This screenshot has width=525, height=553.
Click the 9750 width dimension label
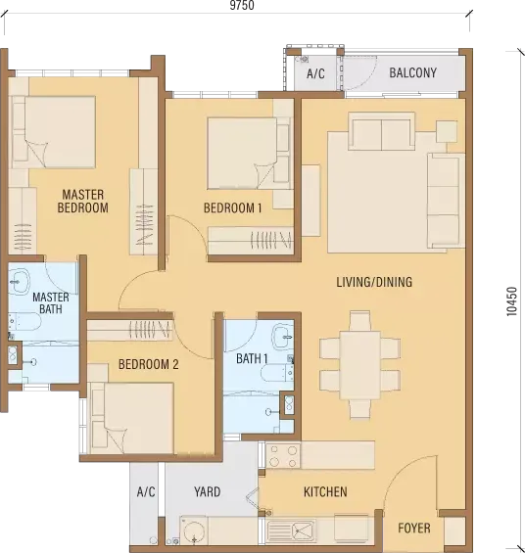(x=242, y=5)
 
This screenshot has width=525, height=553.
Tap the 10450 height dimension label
(x=511, y=301)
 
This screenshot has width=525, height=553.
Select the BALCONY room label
(x=412, y=72)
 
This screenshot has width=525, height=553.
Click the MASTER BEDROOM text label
(x=83, y=201)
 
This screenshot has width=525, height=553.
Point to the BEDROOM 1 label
(x=232, y=208)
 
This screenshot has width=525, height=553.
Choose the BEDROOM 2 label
(x=149, y=364)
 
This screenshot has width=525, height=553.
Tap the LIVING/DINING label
(x=374, y=282)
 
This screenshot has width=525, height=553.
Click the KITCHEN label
(x=325, y=491)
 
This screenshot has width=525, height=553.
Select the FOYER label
(x=414, y=528)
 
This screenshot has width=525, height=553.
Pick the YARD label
(x=207, y=491)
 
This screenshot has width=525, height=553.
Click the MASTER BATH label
(x=51, y=303)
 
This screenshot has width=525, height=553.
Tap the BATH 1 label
(x=252, y=358)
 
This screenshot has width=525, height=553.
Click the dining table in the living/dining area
(x=359, y=365)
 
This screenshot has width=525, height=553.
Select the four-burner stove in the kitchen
(x=283, y=456)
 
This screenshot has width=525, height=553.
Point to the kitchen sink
(x=291, y=531)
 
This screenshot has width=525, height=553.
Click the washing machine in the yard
(x=193, y=531)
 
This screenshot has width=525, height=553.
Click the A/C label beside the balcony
(x=315, y=73)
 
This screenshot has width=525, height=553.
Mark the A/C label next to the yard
(x=146, y=491)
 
